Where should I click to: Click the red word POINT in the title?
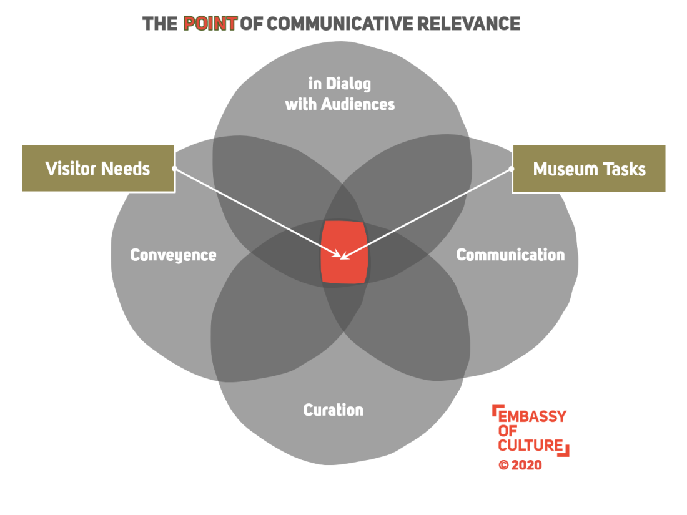coord(210,24)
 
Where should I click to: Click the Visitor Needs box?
coord(98,169)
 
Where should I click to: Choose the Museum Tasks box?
coord(589,169)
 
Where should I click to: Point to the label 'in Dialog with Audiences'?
coord(340,94)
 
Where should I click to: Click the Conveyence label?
coord(173,255)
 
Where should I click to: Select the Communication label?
coord(510,255)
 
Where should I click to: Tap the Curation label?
coord(333,410)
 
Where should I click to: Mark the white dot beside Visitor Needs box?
coord(174,169)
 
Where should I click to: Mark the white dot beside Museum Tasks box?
coord(512,169)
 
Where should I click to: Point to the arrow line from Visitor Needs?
coord(256,212)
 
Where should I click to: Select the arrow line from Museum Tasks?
coord(431,210)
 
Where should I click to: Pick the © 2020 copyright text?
coord(520,465)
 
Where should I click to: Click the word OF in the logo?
coord(507,431)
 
